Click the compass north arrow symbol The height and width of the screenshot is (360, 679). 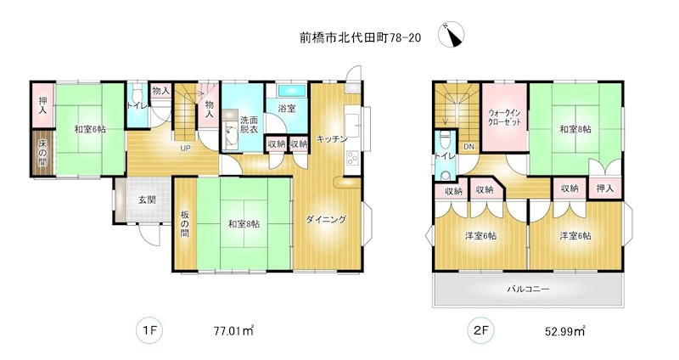pos(451,34)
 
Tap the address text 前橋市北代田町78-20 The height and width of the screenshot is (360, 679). pos(360,38)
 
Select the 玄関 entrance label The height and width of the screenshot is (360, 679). pos(147,200)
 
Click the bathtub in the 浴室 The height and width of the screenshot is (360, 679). pos(291,91)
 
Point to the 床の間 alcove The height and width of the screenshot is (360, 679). pos(42,153)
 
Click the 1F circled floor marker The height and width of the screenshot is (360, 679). pos(150,331)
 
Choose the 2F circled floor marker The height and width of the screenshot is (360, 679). pos(480,331)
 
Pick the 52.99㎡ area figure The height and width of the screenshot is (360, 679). pos(564,331)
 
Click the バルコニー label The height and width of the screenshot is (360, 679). pos(528,288)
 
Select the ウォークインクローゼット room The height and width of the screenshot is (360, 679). pos(504,117)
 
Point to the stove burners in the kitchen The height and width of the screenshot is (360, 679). pos(352,159)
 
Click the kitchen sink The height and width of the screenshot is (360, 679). pos(352,126)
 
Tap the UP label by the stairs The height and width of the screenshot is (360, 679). pos(185,148)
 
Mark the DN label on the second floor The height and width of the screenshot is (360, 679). pos(469,146)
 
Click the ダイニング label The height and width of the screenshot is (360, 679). pos(327,219)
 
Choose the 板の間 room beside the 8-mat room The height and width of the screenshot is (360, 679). pos(185,224)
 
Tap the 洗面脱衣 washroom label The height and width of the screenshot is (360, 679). pos(249,124)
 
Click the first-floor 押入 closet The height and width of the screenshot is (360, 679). pos(42,105)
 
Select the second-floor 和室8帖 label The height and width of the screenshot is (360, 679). pos(575,129)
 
